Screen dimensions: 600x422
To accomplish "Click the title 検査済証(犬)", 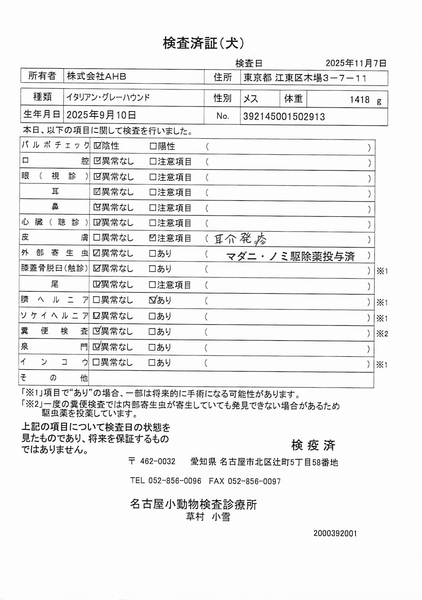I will (x=203, y=43).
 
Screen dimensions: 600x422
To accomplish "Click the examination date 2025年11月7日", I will (x=356, y=63).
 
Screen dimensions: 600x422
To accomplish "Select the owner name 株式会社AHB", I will (x=96, y=77).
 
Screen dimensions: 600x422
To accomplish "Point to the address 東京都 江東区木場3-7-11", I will (x=305, y=78).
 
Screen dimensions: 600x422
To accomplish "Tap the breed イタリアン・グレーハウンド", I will (x=108, y=98).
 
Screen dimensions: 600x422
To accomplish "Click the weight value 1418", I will (x=359, y=100).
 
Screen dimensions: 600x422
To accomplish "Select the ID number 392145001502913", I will (x=284, y=116).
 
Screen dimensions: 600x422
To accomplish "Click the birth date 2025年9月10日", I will (x=101, y=115).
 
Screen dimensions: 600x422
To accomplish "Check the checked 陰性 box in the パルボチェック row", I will (x=97, y=146).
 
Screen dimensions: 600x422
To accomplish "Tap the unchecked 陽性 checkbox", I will (x=153, y=146).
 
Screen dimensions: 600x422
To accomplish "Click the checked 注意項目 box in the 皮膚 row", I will (x=153, y=238).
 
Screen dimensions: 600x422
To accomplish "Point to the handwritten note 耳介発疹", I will (x=240, y=239).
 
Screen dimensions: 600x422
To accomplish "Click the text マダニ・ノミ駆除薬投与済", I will (x=290, y=256).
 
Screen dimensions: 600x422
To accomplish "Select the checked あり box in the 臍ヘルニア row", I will (x=153, y=300).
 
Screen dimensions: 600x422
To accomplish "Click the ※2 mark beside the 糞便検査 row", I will (x=382, y=333).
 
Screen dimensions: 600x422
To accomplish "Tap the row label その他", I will (x=54, y=378).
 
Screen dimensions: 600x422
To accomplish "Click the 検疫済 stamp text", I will (x=313, y=445).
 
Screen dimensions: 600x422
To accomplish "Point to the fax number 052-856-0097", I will (x=254, y=481).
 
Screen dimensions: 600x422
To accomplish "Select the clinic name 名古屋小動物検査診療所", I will (x=193, y=504).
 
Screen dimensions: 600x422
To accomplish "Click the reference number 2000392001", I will (x=335, y=533).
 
